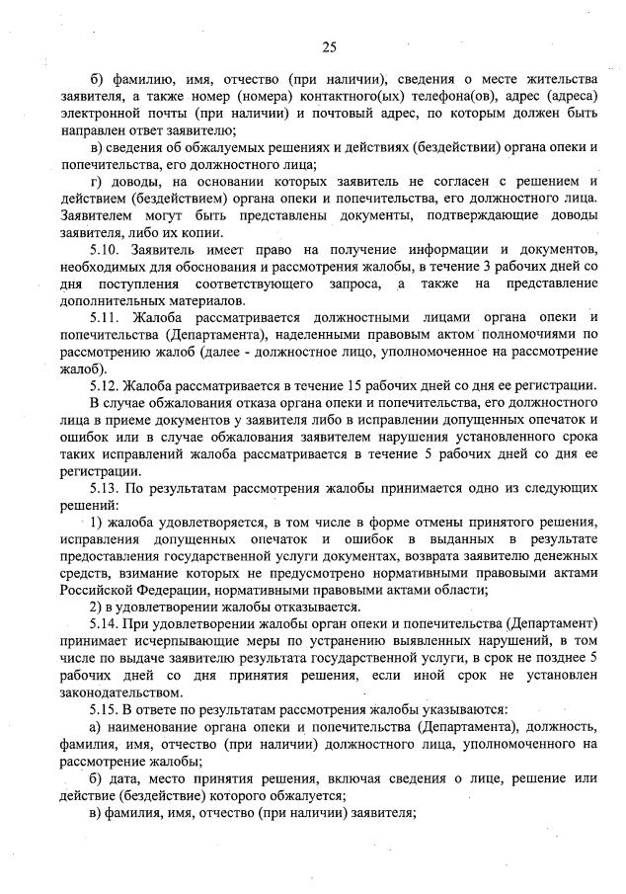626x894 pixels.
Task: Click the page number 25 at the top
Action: [x=329, y=46]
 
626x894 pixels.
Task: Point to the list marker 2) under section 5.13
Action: [x=98, y=607]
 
